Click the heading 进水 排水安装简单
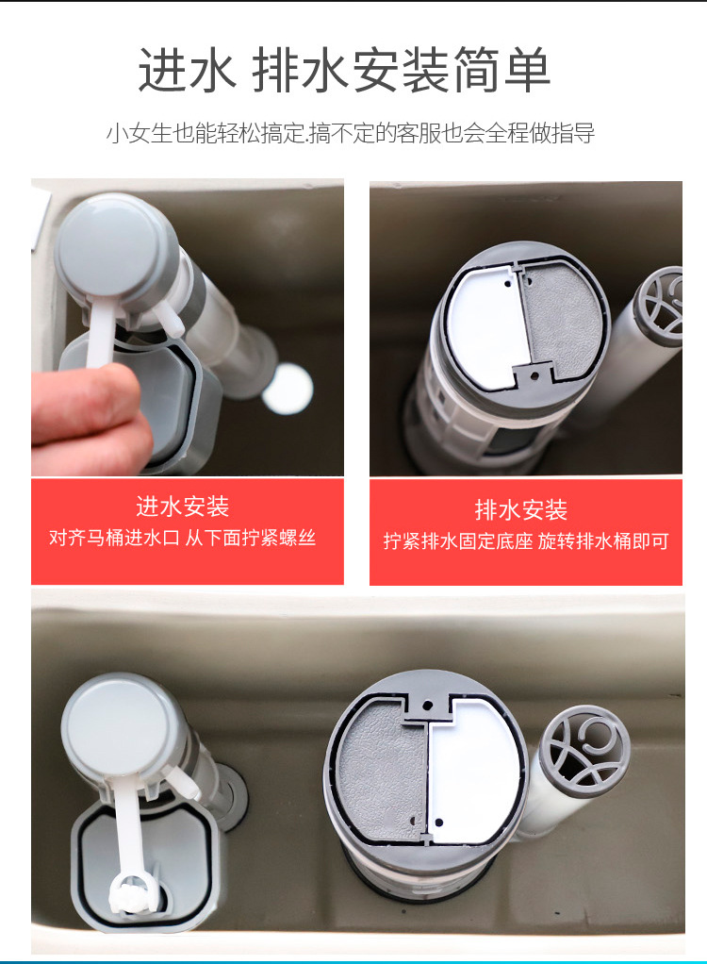344,71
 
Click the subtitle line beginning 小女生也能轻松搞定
350,133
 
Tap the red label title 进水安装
183,507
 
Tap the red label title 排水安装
521,510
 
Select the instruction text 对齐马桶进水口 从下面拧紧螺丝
183,539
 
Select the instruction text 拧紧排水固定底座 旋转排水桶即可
526,541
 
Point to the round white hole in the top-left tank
287,390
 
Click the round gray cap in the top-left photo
110,247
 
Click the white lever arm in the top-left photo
102,335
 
